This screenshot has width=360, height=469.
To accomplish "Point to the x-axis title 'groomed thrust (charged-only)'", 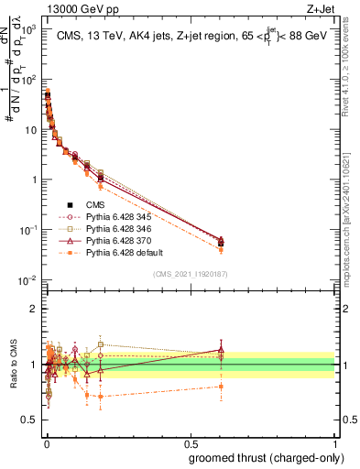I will point(265,457).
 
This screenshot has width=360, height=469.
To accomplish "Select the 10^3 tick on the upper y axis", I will point(29,28).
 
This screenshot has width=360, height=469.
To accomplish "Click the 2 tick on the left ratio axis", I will point(34,308).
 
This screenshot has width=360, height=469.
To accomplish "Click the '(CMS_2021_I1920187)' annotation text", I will point(190,275).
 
